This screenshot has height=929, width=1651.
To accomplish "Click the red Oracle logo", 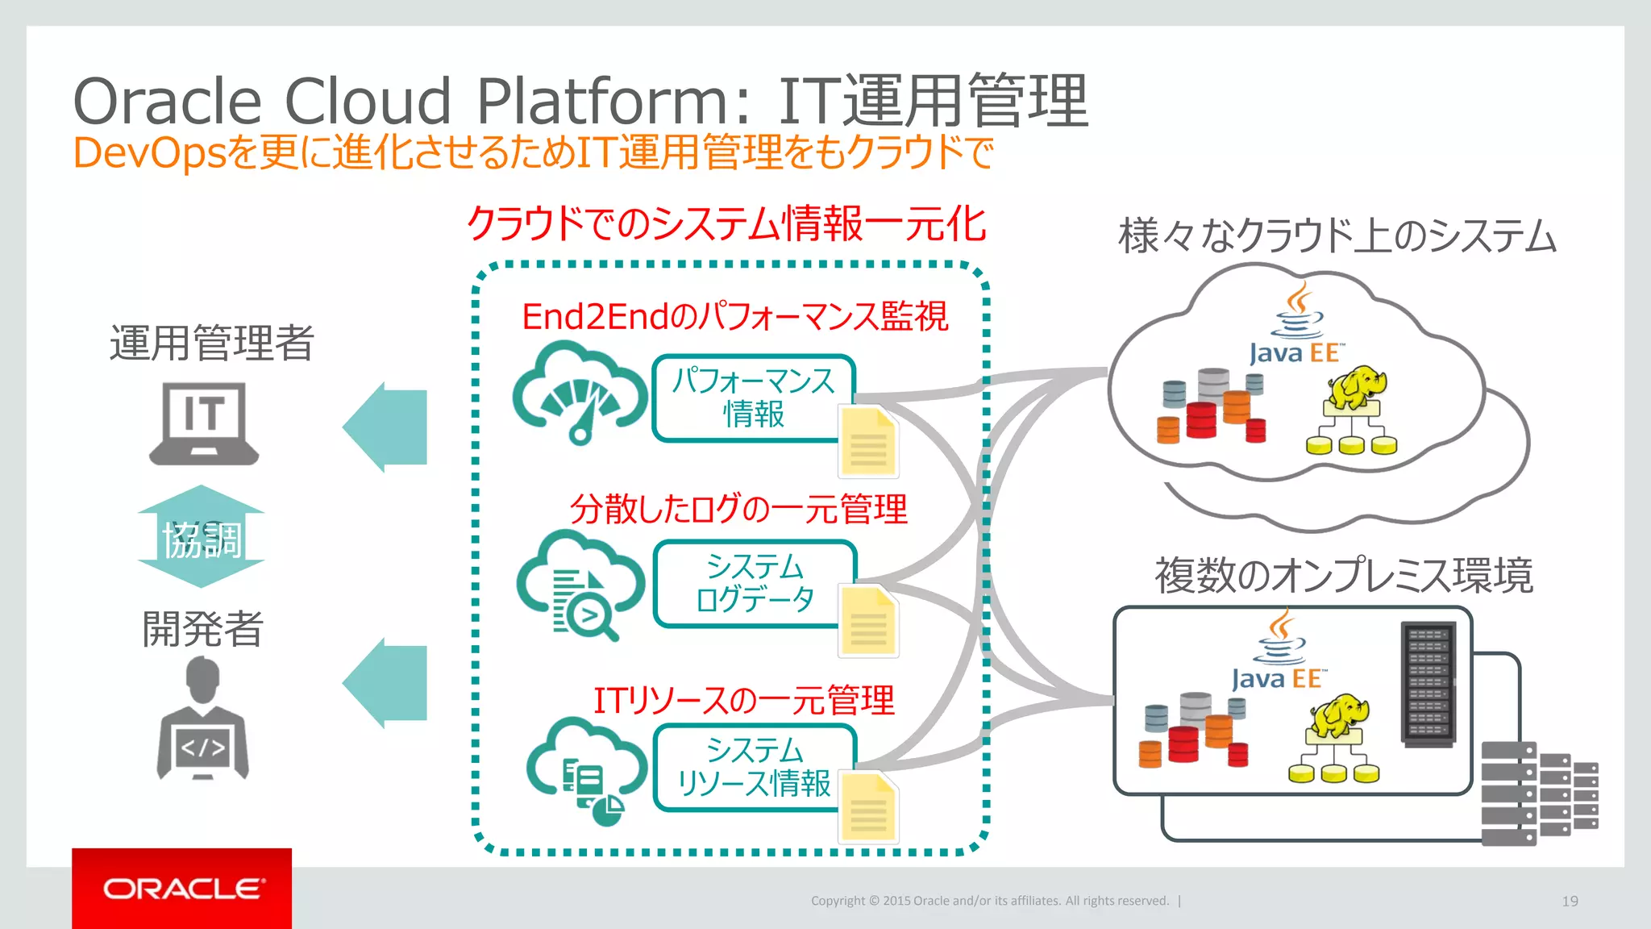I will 181,888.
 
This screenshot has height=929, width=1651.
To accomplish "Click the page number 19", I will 1570,901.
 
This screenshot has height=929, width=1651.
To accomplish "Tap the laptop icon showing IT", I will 204,423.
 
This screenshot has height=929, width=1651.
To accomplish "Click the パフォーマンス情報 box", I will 753,397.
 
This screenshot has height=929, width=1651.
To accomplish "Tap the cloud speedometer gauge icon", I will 579,392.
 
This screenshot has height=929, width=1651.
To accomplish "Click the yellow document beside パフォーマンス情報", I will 868,442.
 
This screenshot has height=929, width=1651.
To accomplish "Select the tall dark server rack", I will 1429,684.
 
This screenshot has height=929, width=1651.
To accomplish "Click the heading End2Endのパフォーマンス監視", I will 734,316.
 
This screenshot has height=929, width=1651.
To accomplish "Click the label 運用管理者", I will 211,343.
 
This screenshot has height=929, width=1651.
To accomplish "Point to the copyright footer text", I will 989,901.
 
